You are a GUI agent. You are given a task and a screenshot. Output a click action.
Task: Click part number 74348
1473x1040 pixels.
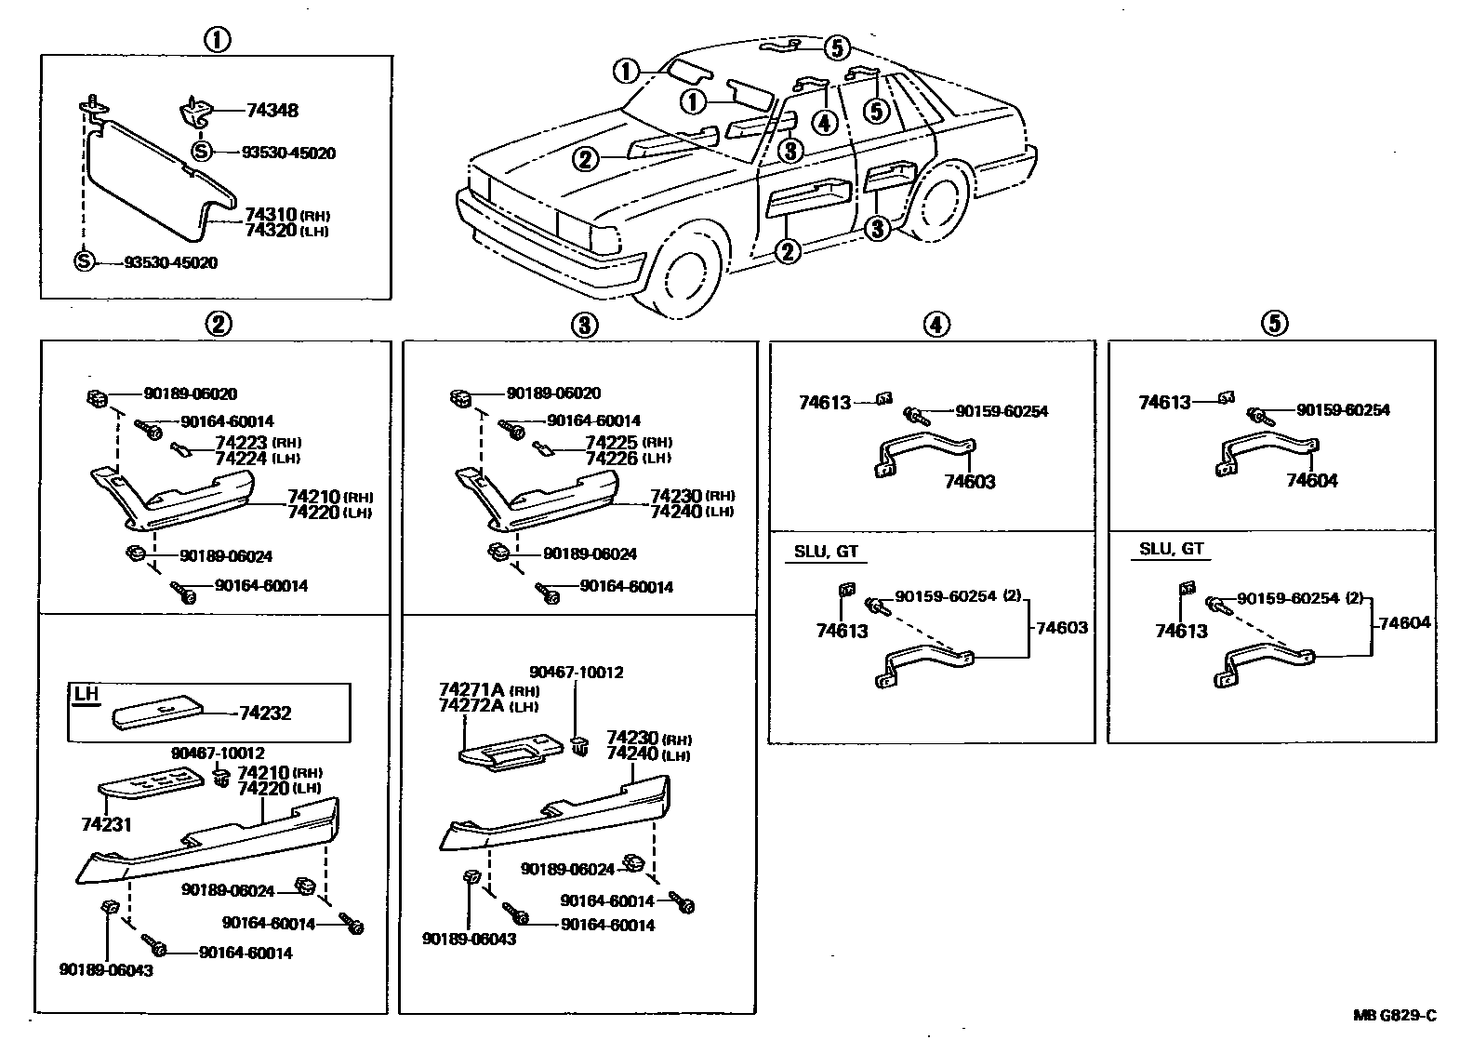pos(272,111)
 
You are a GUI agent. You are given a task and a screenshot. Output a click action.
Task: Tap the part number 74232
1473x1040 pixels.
pos(265,713)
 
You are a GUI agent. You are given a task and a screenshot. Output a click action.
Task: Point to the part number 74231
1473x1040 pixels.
pos(106,824)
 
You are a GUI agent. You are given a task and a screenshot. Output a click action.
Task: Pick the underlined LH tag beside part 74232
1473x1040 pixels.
pos(86,694)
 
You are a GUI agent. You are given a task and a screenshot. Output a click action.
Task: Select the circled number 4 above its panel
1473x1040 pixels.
pos(936,324)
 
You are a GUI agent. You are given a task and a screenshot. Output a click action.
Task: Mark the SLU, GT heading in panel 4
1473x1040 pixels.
pos(826,551)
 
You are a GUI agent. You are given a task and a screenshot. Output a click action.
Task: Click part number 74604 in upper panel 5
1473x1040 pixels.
pos(1312,481)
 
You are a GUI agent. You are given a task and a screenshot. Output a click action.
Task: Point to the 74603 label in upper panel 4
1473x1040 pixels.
pos(970,482)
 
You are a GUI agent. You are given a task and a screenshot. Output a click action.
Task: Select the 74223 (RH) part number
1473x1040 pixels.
pos(242,443)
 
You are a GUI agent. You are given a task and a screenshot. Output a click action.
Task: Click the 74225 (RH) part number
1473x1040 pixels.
pos(612,443)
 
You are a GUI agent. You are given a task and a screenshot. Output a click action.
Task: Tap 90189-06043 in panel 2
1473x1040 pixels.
pos(106,970)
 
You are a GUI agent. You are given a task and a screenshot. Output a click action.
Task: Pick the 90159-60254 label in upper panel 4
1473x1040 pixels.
pos(1002,411)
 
